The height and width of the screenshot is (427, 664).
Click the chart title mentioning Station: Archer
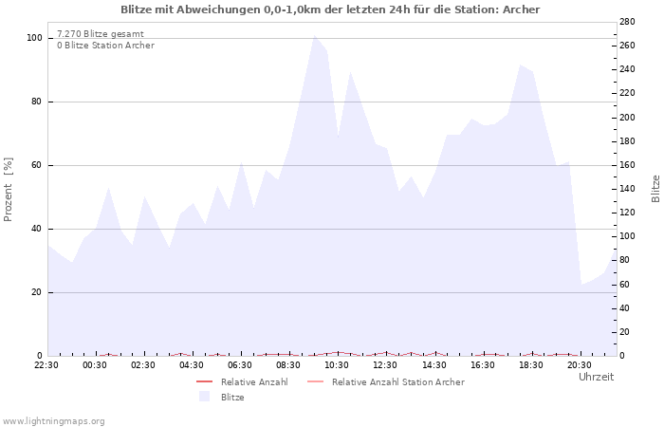pyautogui.click(x=330, y=9)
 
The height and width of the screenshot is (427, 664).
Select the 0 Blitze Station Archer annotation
pyautogui.click(x=105, y=46)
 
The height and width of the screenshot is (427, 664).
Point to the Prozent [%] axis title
pyautogui.click(x=9, y=189)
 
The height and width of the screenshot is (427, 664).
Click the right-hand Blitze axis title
pyautogui.click(x=655, y=188)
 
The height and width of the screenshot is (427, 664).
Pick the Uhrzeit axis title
pyautogui.click(x=596, y=377)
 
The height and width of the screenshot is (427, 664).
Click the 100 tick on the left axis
pyautogui.click(x=34, y=38)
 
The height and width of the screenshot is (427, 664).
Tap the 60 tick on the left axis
pyautogui.click(x=37, y=165)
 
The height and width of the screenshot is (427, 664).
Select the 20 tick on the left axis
pyautogui.click(x=37, y=292)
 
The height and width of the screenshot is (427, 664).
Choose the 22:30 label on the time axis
pyautogui.click(x=46, y=364)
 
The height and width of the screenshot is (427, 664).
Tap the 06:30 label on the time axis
pyautogui.click(x=240, y=364)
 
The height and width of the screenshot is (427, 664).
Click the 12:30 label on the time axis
pyautogui.click(x=385, y=364)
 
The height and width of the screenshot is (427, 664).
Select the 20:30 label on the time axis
pyautogui.click(x=579, y=364)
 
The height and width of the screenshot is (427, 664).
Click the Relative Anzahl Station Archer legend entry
pyautogui.click(x=397, y=382)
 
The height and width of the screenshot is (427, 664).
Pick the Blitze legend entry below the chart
pyautogui.click(x=232, y=398)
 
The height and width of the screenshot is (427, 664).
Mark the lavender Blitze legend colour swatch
pyautogui.click(x=204, y=398)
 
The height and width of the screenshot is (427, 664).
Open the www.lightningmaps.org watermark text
pyautogui.click(x=53, y=420)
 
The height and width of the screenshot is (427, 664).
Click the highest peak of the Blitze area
pyautogui.click(x=315, y=35)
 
